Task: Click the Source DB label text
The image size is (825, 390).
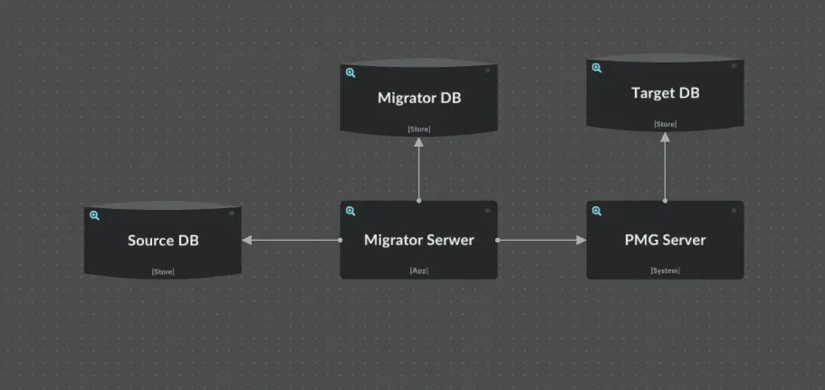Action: (163, 241)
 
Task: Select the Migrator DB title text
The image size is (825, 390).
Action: (419, 98)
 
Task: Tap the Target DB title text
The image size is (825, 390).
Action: (665, 93)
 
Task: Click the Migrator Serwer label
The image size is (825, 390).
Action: (418, 240)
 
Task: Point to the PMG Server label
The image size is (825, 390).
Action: (665, 240)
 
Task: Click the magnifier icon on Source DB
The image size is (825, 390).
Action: (94, 215)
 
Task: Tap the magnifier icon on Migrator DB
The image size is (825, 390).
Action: (350, 72)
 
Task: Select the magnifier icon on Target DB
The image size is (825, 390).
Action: (597, 68)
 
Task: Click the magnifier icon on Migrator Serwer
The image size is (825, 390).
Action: (350, 211)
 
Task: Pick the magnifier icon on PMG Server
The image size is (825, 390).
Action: (597, 211)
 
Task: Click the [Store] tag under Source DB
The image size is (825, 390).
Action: (163, 271)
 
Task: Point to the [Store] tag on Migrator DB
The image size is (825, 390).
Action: (419, 129)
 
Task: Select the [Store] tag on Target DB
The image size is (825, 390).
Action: (665, 124)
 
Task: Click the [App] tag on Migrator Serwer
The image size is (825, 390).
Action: (418, 271)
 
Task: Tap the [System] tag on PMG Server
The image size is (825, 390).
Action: (665, 271)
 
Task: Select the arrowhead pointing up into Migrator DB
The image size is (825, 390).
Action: (419, 141)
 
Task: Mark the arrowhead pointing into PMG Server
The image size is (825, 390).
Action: (580, 241)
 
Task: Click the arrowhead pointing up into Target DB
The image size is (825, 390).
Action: (665, 137)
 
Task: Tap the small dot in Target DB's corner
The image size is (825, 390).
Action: (734, 68)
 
